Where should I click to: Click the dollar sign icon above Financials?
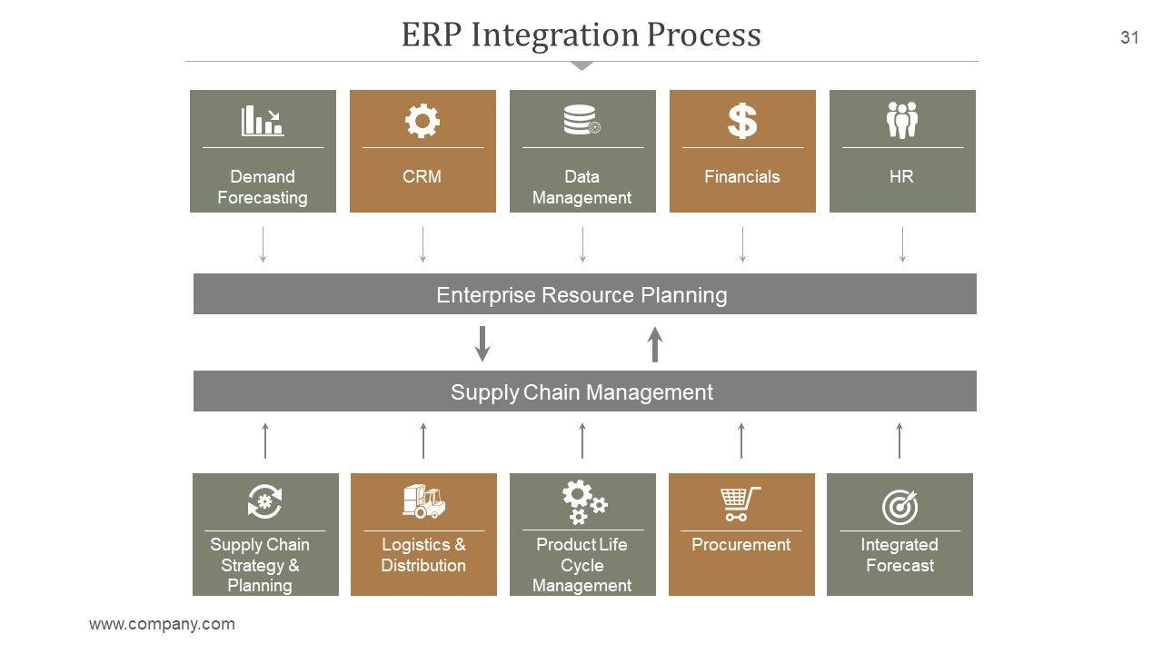[x=742, y=121]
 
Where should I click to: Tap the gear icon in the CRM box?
[x=422, y=121]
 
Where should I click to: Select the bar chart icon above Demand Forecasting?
[x=263, y=121]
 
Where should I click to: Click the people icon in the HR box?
[x=902, y=120]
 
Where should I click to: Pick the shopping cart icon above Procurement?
[x=741, y=504]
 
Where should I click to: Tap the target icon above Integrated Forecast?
[x=900, y=507]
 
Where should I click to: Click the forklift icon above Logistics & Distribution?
[x=423, y=501]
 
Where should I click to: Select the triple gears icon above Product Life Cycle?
[x=584, y=502]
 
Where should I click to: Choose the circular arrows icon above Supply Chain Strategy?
[x=264, y=501]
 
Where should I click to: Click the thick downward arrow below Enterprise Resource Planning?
[x=482, y=343]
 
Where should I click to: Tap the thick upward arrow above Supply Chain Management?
[x=655, y=344]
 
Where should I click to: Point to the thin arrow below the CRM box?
[x=422, y=244]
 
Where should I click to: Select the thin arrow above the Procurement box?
[x=741, y=441]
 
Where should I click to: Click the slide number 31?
[x=1129, y=37]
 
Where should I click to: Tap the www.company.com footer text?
[x=162, y=623]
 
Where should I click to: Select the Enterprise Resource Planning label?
[x=581, y=295]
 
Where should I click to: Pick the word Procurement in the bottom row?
[x=741, y=544]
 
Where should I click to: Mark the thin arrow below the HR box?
[x=902, y=244]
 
